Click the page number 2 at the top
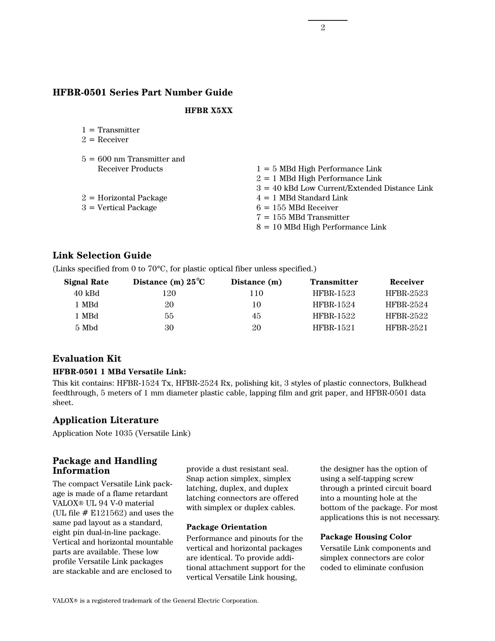coord(323,28)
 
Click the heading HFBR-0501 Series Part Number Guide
coord(142,93)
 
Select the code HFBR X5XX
coord(208,111)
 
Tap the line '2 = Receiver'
coord(105,140)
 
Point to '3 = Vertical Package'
coord(119,207)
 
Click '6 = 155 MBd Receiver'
coord(297,207)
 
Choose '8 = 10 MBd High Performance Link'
coord(321,227)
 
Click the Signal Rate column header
coord(86,282)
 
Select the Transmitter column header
coord(334,282)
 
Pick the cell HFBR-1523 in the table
coord(334,293)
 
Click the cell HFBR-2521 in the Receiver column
coord(406,328)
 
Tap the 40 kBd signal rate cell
coord(86,293)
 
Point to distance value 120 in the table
coord(169,293)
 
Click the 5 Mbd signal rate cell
coord(86,328)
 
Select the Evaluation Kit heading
coord(87,359)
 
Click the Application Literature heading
coord(105,420)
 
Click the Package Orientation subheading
coord(227,527)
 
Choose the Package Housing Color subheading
coord(366,537)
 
